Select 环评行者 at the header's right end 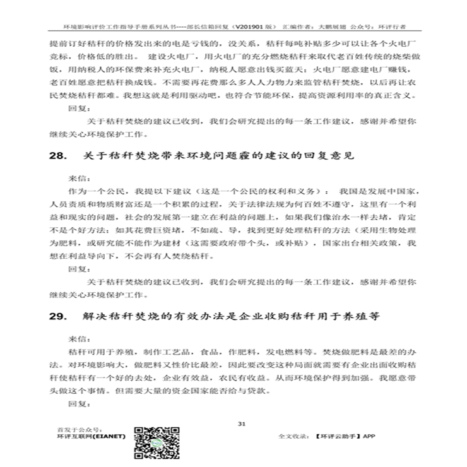pos(392,28)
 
